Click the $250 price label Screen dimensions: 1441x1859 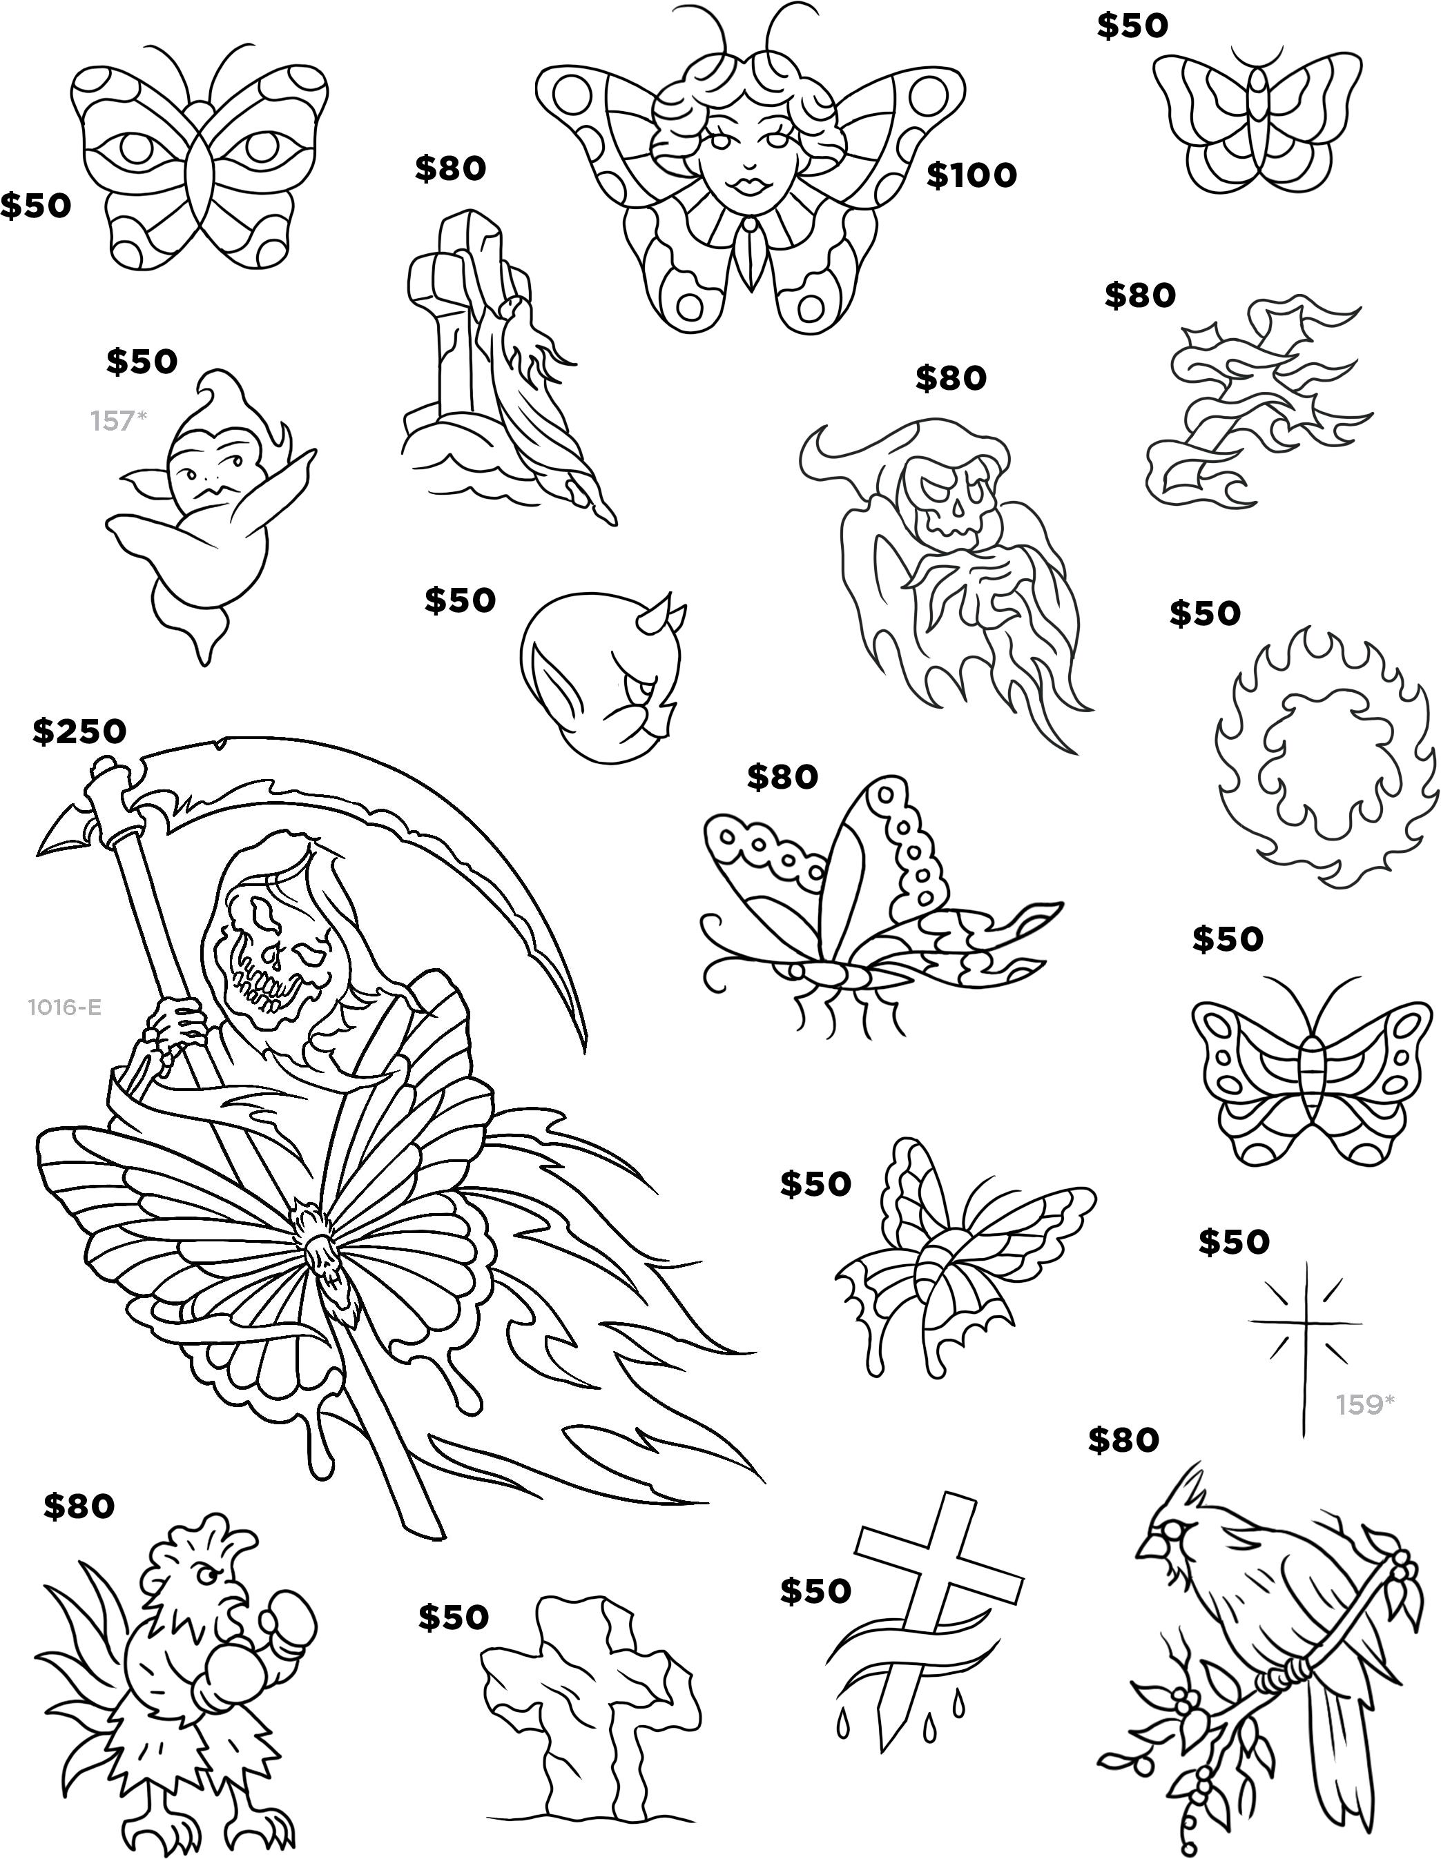[x=79, y=731]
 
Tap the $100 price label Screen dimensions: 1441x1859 [x=971, y=175]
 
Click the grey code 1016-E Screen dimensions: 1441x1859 [x=65, y=1007]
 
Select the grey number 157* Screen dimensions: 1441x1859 [x=118, y=420]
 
